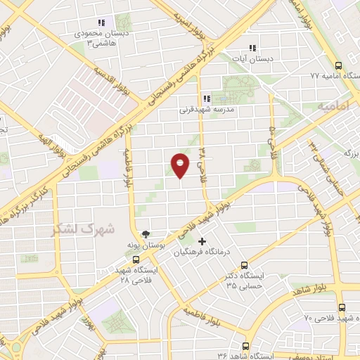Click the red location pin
[181, 165]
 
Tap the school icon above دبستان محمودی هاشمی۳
[103, 22]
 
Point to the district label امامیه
[333, 105]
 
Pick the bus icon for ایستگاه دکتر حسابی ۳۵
[244, 266]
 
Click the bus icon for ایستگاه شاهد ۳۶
[245, 345]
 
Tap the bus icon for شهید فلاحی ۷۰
[342, 307]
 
